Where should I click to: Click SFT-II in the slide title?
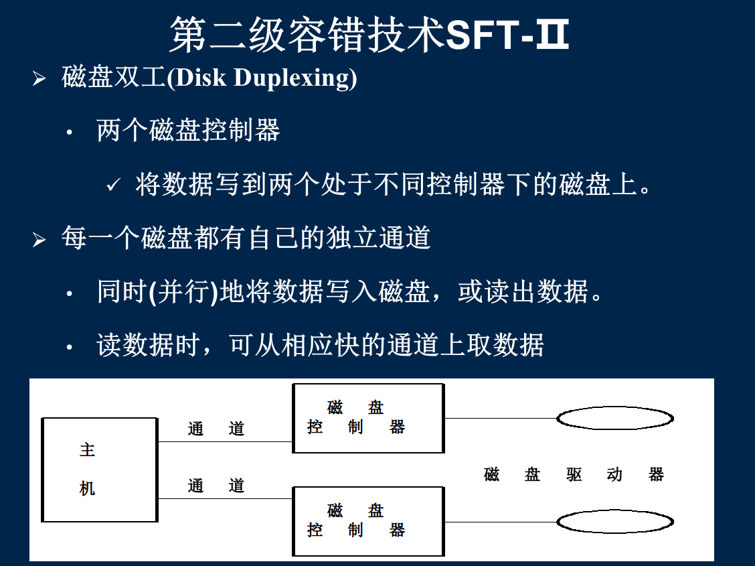(x=507, y=34)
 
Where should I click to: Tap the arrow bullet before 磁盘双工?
(x=39, y=78)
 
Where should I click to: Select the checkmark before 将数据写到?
(x=113, y=184)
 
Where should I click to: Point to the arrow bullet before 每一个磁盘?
(x=39, y=239)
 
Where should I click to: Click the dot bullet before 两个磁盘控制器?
(x=70, y=131)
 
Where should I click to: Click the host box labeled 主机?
(x=100, y=470)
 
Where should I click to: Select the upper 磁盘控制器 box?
(x=368, y=418)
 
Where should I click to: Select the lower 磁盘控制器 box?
(x=368, y=521)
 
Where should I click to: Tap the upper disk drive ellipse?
(x=615, y=407)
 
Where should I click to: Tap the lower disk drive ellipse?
(x=615, y=511)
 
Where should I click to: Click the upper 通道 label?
(x=216, y=428)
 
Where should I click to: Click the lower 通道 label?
(x=216, y=485)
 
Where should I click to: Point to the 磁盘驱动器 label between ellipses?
(x=574, y=474)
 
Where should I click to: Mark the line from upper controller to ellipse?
(x=501, y=418)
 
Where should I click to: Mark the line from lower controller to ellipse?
(x=501, y=522)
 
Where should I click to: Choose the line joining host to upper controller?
(x=226, y=441)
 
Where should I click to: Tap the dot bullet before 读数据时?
(x=70, y=346)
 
